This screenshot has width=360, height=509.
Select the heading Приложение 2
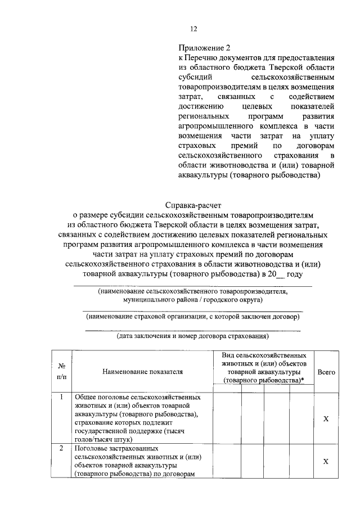click(204, 48)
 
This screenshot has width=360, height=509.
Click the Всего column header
click(326, 372)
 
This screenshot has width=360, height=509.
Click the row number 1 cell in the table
click(61, 397)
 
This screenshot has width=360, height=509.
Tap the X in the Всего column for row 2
click(326, 461)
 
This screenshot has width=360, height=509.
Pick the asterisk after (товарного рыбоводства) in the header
click(303, 380)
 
